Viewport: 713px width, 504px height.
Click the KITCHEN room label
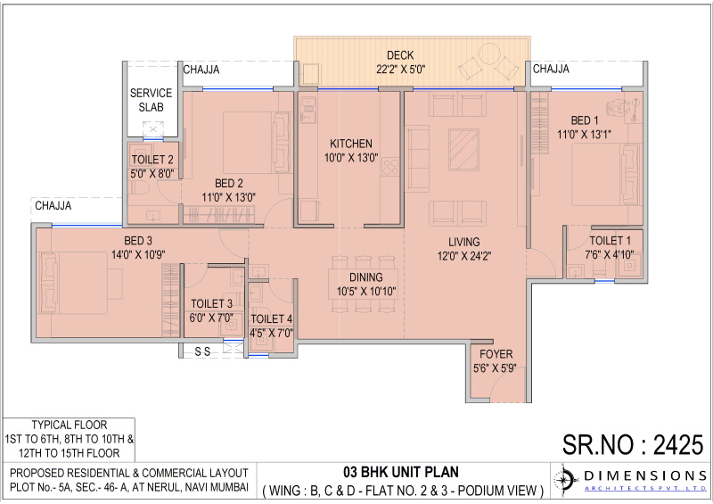coord(350,144)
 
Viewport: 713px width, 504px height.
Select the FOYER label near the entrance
coord(491,352)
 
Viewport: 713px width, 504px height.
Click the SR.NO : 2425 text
coord(634,443)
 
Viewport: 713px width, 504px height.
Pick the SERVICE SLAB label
coord(151,99)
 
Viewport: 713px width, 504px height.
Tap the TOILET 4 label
coord(271,319)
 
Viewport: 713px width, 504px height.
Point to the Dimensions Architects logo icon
coord(566,480)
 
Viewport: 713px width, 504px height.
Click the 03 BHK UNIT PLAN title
coord(403,473)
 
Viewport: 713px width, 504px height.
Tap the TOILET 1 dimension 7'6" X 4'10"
coord(611,254)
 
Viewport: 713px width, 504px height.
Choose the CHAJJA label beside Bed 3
coord(53,206)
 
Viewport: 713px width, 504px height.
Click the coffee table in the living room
coord(462,145)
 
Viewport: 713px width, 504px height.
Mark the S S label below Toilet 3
coord(203,351)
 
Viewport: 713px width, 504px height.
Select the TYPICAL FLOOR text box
coord(70,439)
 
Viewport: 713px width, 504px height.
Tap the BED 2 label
coord(229,184)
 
